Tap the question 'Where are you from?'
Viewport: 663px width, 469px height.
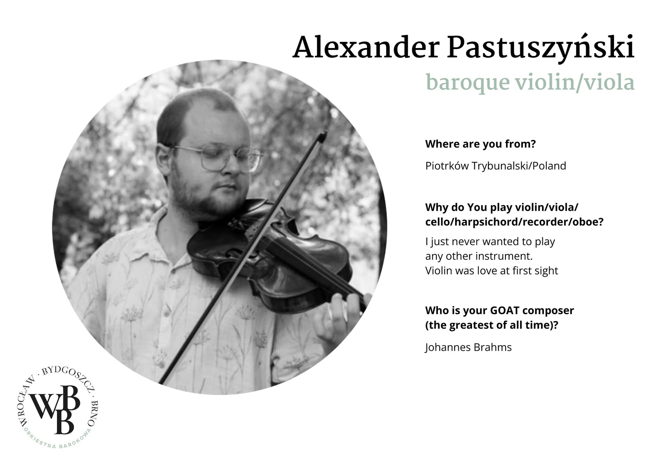[480, 144]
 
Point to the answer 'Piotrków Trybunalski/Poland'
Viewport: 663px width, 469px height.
[496, 166]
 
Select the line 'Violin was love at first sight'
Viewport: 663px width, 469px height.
[491, 271]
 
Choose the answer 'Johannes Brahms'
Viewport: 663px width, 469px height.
[468, 347]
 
